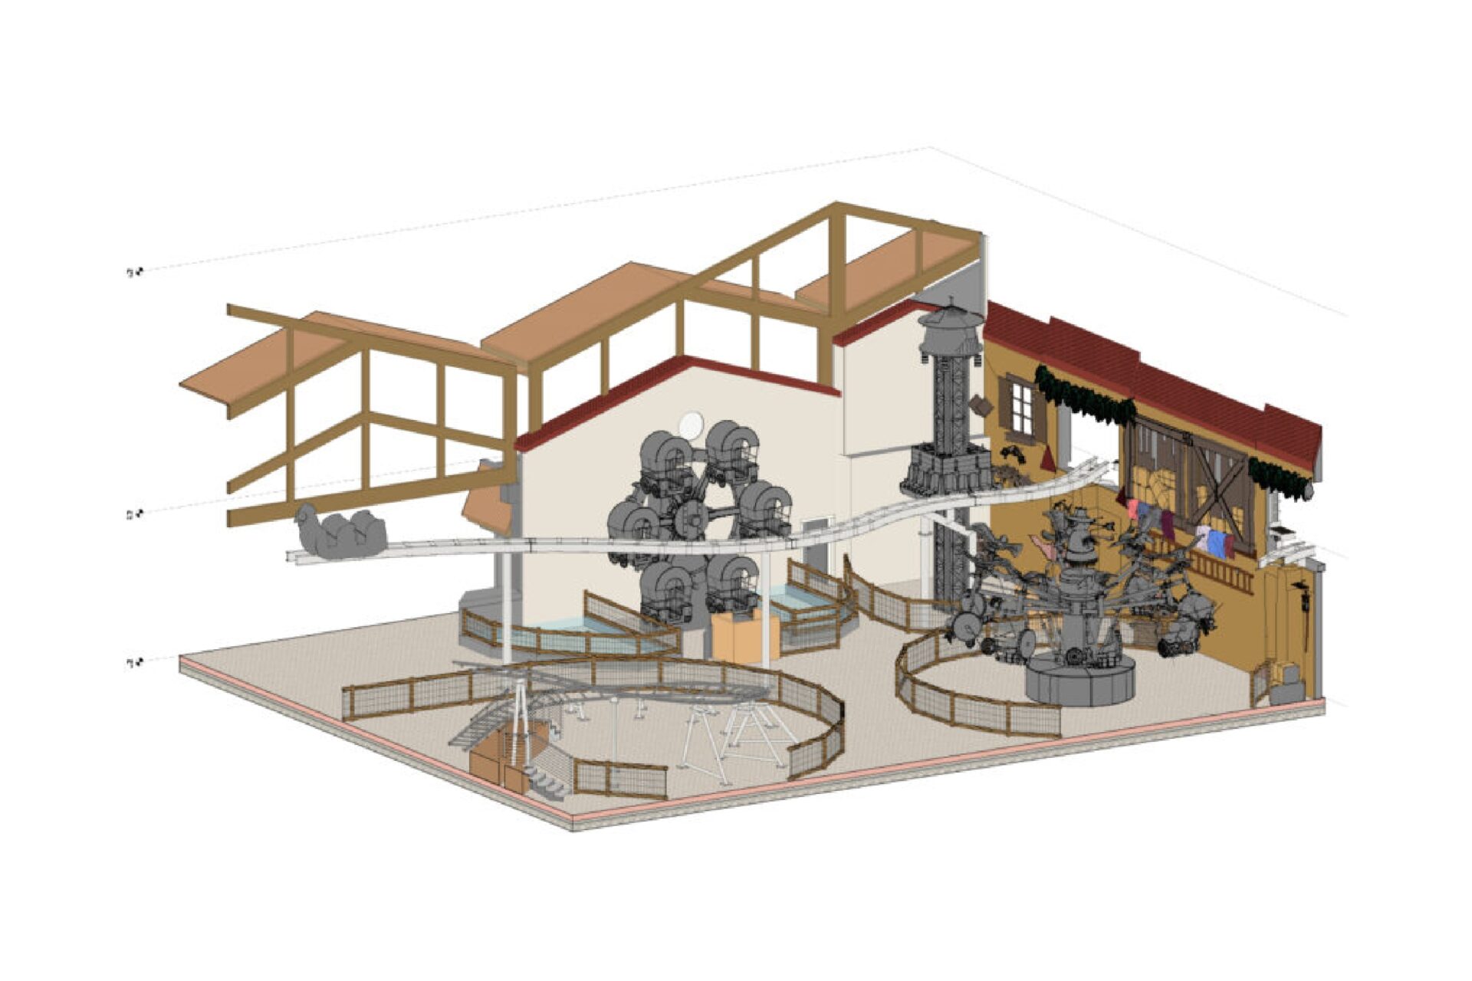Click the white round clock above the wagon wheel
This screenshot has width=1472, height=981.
(x=691, y=424)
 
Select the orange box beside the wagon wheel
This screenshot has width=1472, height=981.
(x=744, y=635)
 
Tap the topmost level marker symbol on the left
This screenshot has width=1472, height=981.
(x=135, y=272)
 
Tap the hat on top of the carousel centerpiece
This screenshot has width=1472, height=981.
(x=1079, y=521)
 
